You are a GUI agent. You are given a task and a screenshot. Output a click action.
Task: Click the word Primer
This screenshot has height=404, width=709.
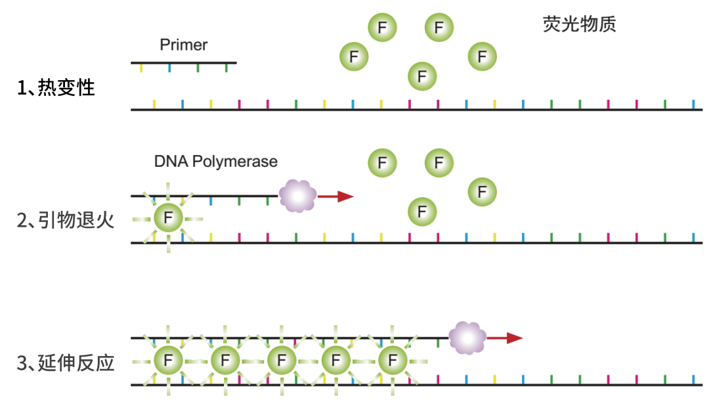tap(184, 45)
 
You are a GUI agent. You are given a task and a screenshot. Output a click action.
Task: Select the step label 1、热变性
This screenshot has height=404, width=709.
tap(56, 87)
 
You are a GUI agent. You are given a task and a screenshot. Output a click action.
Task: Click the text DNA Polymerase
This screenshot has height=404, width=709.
tap(216, 161)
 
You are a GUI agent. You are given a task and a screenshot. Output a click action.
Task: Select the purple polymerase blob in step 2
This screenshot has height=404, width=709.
tap(297, 196)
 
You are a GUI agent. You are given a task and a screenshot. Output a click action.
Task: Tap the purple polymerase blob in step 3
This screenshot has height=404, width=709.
tap(467, 338)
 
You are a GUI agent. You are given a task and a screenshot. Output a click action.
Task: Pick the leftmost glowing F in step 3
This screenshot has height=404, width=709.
tap(169, 361)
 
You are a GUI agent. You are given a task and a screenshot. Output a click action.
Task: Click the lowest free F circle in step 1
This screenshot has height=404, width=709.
tap(422, 76)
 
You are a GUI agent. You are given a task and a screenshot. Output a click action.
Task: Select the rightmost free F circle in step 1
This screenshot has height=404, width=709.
tap(483, 56)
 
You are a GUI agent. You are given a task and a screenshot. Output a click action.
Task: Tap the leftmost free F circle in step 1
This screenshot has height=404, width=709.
tap(354, 56)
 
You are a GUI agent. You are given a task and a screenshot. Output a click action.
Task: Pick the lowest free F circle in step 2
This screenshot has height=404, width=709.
tap(422, 212)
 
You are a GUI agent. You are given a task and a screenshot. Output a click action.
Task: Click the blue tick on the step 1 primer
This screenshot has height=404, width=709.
tap(169, 68)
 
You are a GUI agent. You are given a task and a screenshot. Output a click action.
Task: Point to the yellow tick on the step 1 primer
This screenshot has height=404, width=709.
tap(141, 68)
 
